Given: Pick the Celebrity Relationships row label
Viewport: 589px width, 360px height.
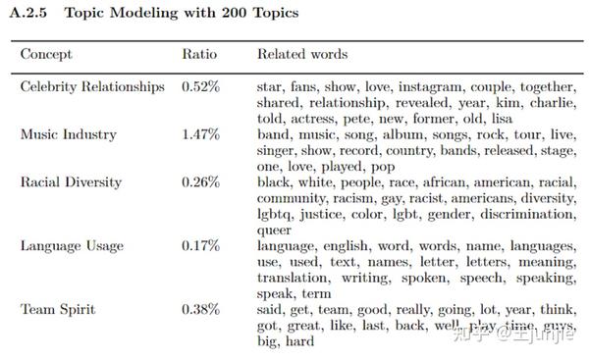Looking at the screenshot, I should (x=92, y=87).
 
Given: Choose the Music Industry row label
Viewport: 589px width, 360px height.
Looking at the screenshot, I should (x=68, y=134).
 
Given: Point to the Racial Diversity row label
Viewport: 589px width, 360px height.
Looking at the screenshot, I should (x=71, y=181).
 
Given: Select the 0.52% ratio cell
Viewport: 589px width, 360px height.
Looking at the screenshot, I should (x=201, y=87).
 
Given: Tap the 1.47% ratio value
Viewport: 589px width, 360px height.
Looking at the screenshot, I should (x=201, y=134).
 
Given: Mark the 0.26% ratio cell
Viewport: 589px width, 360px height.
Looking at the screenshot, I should (x=201, y=181).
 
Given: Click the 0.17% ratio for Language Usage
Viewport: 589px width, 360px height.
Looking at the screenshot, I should (x=201, y=245).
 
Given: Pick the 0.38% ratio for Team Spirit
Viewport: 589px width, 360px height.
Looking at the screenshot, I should (x=201, y=309).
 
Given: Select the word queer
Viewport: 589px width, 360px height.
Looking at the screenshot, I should (x=274, y=230).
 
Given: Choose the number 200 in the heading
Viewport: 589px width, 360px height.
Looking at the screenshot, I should (x=199, y=14).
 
